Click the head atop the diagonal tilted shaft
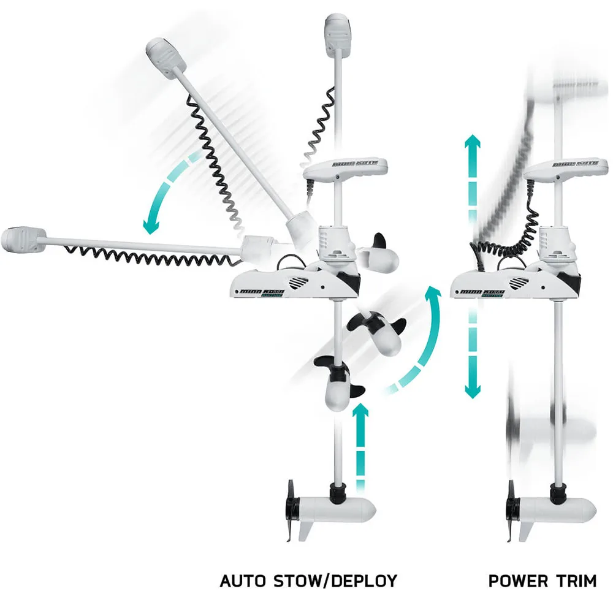click(166, 58)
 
